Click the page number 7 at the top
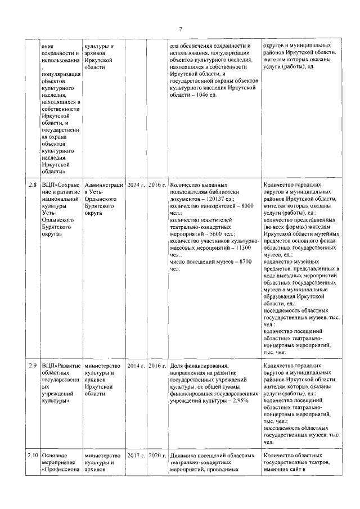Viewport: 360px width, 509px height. [181, 29]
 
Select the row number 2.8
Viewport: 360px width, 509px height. [33, 184]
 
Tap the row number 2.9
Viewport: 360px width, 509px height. [33, 366]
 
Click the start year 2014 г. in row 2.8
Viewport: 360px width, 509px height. [136, 184]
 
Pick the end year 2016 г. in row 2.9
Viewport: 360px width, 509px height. [157, 366]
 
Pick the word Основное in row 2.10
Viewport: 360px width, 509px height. [55, 456]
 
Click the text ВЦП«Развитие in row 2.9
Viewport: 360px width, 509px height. [61, 366]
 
